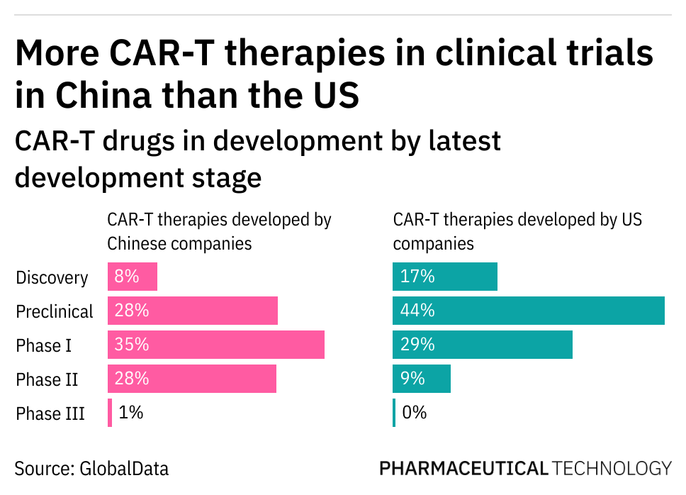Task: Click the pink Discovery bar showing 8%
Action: (133, 277)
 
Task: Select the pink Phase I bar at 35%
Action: (216, 345)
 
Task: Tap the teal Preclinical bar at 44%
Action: (528, 311)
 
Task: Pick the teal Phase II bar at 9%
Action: (422, 379)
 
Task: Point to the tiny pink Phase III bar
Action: (110, 413)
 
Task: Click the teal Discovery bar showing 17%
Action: (445, 277)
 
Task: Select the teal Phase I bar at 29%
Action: (482, 345)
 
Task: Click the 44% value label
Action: (417, 311)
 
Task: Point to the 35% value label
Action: (132, 345)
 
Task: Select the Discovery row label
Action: (52, 277)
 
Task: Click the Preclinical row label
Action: (55, 311)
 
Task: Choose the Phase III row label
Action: (50, 413)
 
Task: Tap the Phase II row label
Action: (47, 379)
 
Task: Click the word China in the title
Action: (99, 95)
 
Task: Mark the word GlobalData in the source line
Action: (124, 469)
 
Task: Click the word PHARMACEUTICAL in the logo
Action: (463, 469)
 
